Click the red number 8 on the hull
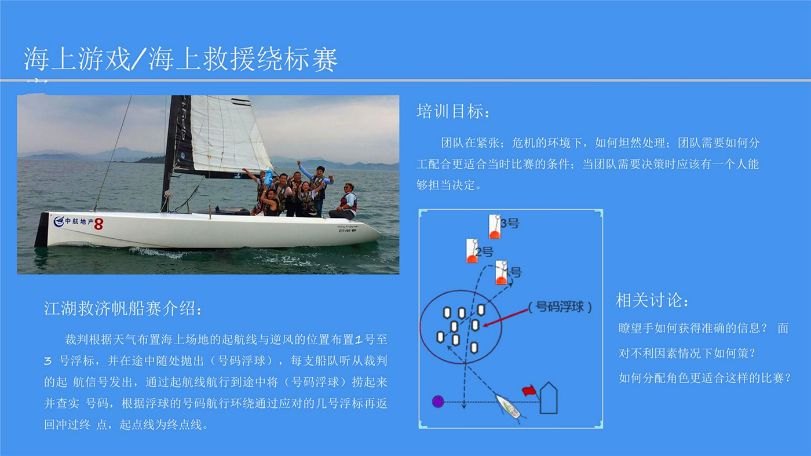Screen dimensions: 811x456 98,224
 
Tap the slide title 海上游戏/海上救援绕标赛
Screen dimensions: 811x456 181,59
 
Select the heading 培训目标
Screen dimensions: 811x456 453,111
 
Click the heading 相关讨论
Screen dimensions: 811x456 652,300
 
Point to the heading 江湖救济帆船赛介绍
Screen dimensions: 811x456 122,309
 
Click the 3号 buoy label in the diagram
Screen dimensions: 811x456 510,224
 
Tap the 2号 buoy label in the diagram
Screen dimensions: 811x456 485,251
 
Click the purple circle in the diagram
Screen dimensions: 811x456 438,402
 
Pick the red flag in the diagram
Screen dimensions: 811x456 529,390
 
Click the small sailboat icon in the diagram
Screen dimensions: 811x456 509,407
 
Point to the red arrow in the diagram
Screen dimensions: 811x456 505,318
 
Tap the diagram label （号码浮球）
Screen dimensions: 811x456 560,307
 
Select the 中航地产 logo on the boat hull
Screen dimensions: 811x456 74,221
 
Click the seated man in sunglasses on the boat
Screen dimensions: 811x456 346,202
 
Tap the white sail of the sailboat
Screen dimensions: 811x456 228,134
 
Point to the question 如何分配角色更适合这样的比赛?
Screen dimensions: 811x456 704,378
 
